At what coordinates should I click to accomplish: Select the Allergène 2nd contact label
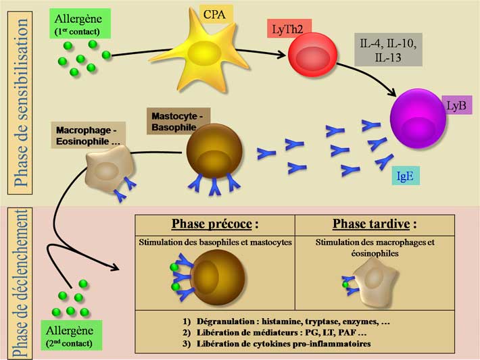(70, 336)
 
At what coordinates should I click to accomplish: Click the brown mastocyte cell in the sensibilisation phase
(213, 153)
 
